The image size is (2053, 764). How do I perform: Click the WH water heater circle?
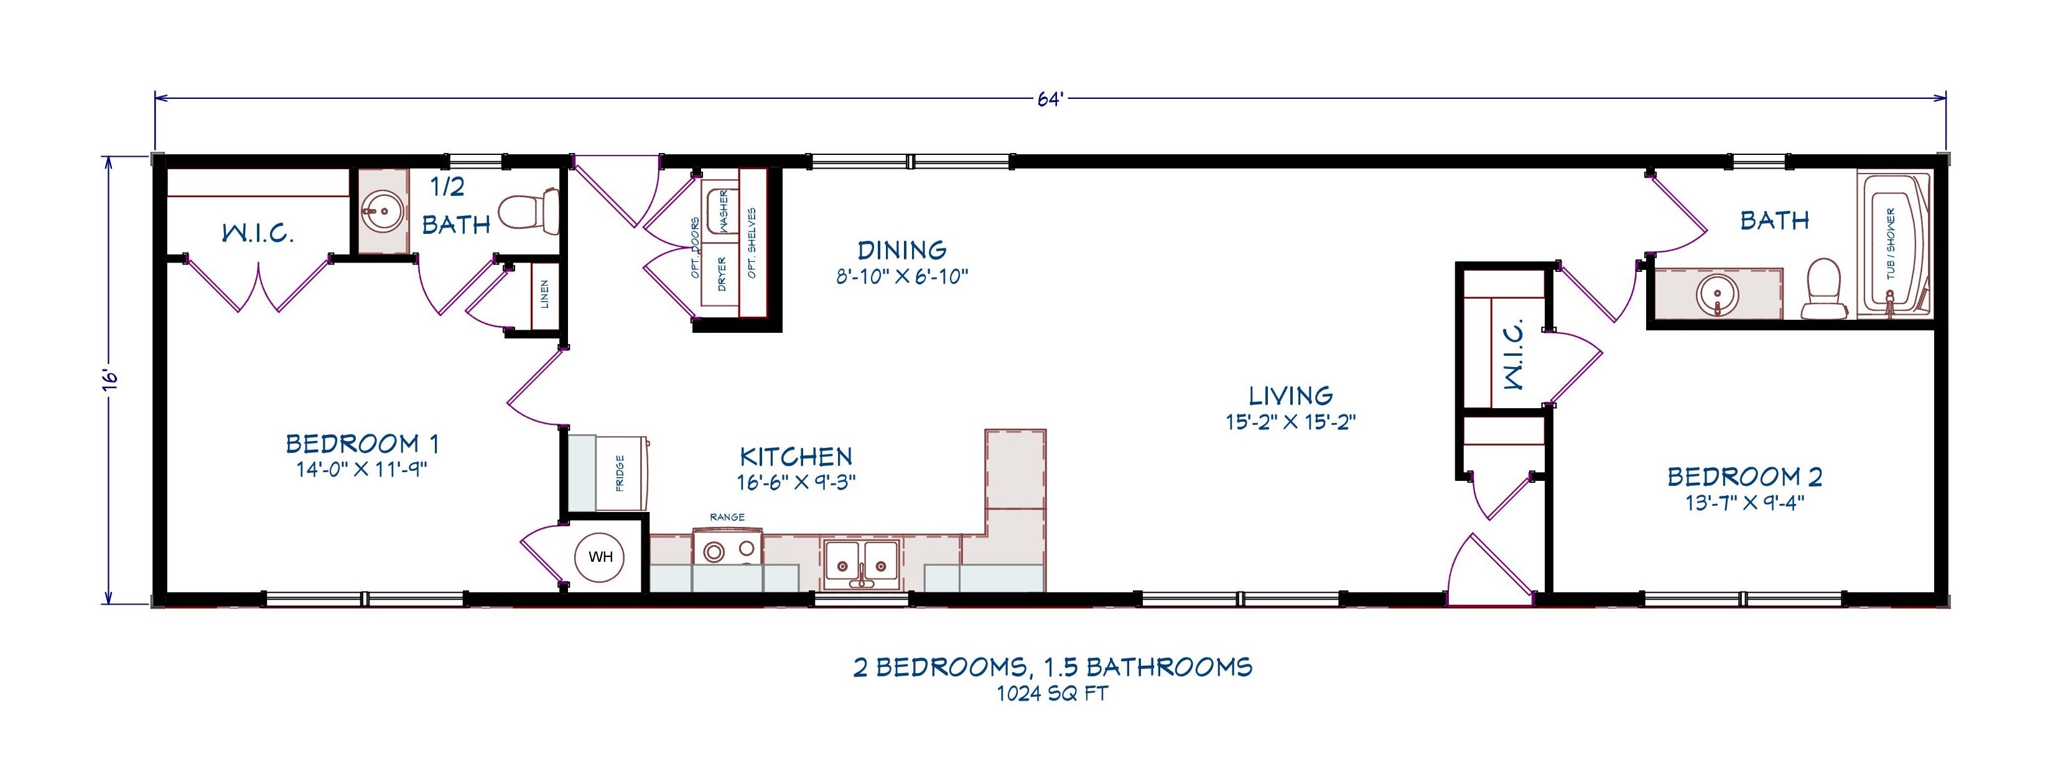(x=600, y=557)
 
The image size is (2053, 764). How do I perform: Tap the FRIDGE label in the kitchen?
(x=620, y=473)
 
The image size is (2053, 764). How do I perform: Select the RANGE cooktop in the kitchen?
(x=727, y=550)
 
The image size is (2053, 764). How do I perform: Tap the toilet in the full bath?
(x=1824, y=290)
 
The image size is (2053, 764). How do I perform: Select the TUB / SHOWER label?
(x=1891, y=243)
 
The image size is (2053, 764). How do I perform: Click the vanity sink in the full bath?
(x=1718, y=296)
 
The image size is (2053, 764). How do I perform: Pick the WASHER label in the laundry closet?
(x=724, y=210)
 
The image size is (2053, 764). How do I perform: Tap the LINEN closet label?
(x=545, y=294)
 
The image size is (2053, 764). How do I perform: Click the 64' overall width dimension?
(x=1050, y=99)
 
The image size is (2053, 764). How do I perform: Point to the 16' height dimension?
(x=111, y=380)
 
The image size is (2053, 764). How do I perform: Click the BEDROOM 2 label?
(x=1744, y=477)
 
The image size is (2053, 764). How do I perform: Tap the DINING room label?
(x=901, y=250)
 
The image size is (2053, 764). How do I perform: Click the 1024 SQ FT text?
(x=1052, y=694)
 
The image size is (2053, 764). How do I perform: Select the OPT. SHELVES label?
(x=752, y=243)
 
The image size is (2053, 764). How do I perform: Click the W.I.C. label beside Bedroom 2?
(x=1514, y=354)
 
